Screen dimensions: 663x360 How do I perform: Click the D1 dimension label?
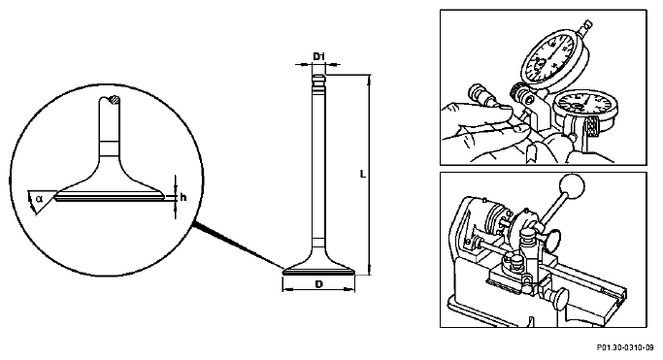(319, 56)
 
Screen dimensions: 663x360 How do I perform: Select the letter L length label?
(363, 174)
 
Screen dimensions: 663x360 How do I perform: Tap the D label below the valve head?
(318, 284)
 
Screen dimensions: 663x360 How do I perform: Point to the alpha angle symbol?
(39, 198)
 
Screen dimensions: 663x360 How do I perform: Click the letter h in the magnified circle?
(183, 197)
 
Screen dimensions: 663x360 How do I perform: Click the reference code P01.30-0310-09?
(625, 347)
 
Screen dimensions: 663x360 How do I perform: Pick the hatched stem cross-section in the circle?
(114, 100)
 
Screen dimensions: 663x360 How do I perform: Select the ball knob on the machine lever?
(571, 185)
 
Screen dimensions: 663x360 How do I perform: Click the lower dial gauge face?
(584, 108)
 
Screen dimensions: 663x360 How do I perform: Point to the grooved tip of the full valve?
(319, 83)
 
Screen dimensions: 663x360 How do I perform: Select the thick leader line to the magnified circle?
(237, 245)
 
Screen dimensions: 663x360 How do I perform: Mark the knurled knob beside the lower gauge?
(592, 127)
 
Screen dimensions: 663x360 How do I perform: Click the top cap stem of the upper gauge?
(587, 26)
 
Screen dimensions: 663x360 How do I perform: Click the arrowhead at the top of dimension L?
(370, 79)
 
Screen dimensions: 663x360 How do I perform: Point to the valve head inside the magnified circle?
(110, 191)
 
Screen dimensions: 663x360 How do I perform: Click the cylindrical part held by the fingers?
(481, 95)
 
